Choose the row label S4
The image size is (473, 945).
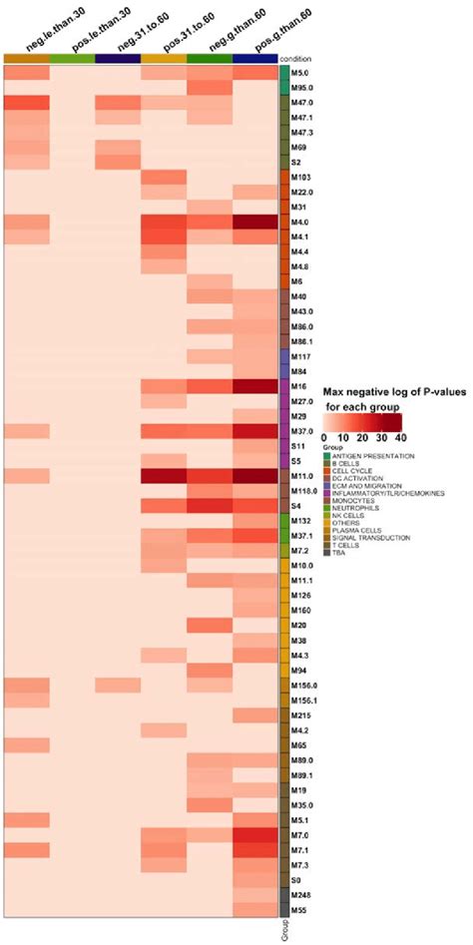296,506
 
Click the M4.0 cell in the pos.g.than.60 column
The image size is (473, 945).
255,222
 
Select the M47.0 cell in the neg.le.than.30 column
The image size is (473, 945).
26,103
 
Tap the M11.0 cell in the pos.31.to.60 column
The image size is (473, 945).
164,476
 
